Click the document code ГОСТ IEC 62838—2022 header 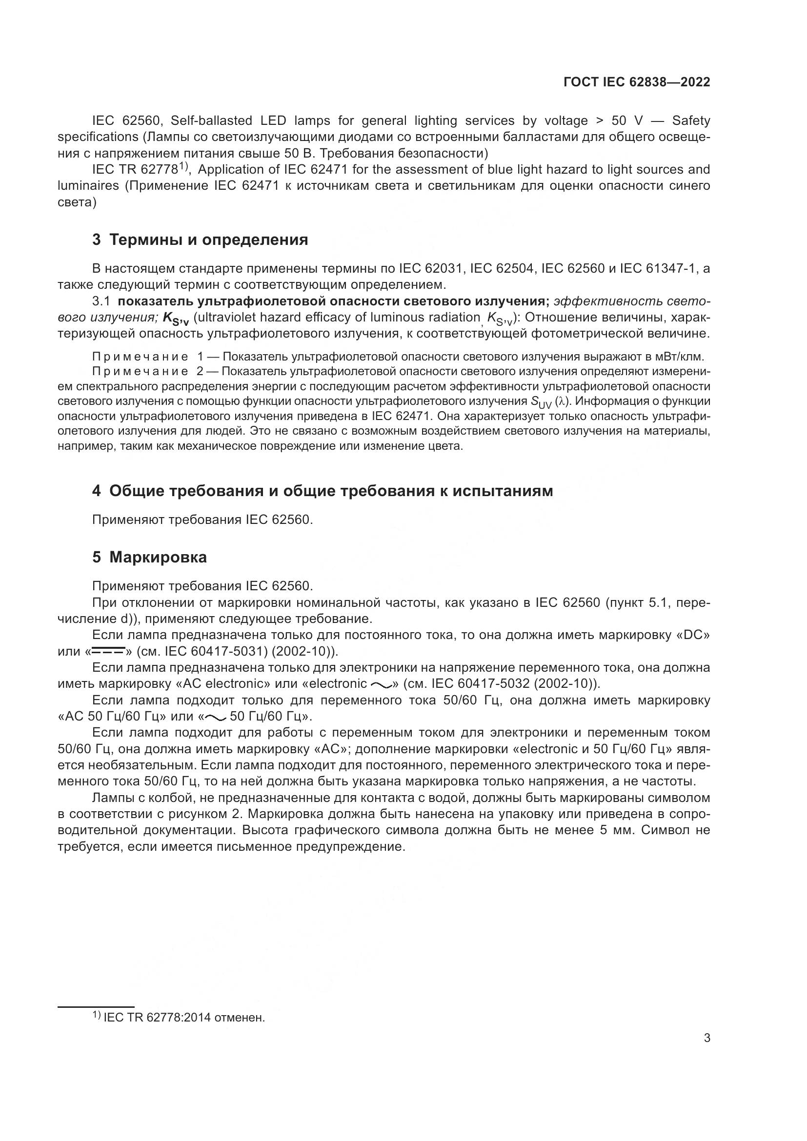pyautogui.click(x=637, y=82)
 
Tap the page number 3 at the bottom pyautogui.click(x=706, y=1038)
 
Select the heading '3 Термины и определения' pyautogui.click(x=200, y=240)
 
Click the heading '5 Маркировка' pyautogui.click(x=149, y=557)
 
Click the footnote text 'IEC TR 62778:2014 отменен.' pyautogui.click(x=184, y=1018)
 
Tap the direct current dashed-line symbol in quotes pyautogui.click(x=108, y=651)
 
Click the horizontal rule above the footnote pyautogui.click(x=96, y=1007)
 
